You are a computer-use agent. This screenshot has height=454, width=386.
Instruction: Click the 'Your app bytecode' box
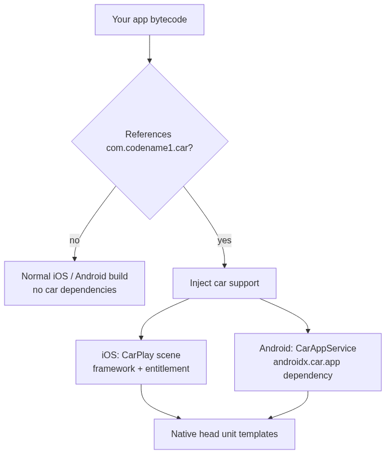click(150, 20)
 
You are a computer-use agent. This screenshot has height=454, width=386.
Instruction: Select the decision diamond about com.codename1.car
click(150, 141)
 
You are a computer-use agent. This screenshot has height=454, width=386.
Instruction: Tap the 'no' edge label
click(74, 241)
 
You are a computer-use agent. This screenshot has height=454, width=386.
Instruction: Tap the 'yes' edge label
click(225, 241)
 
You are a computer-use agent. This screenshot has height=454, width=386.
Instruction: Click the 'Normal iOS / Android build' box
click(74, 283)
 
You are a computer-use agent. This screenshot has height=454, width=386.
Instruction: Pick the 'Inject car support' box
click(225, 283)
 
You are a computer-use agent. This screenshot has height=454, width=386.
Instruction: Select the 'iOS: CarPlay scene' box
click(141, 362)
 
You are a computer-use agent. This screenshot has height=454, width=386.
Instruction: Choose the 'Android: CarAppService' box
click(308, 362)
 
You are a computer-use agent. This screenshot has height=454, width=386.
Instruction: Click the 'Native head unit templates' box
click(225, 434)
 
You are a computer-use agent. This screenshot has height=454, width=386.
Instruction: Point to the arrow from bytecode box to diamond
click(150, 49)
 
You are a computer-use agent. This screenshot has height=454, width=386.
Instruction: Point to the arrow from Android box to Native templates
click(299, 408)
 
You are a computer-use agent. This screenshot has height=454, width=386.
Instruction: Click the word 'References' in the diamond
click(148, 135)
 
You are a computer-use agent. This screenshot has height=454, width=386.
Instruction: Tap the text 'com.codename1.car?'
click(150, 148)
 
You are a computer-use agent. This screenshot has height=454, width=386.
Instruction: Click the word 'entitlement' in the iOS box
click(167, 369)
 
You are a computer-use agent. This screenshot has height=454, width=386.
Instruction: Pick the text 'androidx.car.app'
click(306, 362)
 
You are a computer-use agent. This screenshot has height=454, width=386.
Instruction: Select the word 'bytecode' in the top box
click(168, 20)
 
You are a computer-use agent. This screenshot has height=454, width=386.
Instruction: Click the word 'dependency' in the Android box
click(308, 376)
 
